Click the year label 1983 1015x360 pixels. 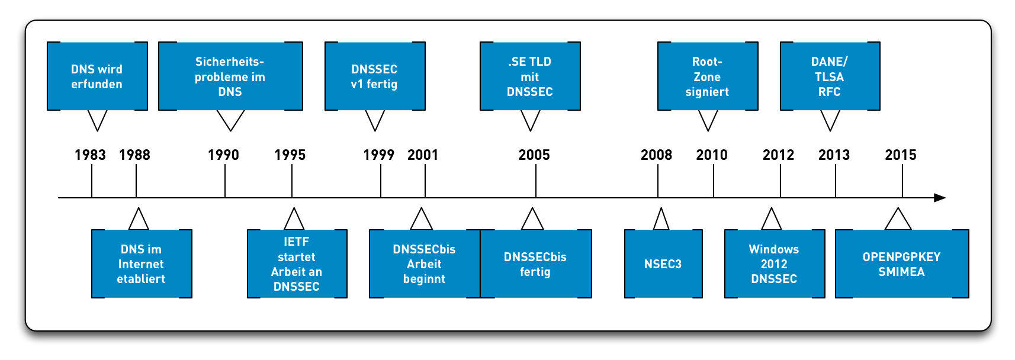(x=90, y=155)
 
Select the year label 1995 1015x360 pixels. (x=290, y=155)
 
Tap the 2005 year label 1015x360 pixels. (x=534, y=155)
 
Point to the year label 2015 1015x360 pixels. (x=901, y=155)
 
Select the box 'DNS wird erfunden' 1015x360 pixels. (x=97, y=76)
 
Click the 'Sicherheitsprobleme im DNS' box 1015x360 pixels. (x=230, y=76)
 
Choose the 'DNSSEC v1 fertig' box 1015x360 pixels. (x=375, y=76)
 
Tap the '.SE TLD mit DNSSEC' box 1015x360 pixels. (x=530, y=76)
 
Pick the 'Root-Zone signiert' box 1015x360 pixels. (x=708, y=76)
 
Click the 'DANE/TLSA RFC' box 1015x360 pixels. (x=830, y=76)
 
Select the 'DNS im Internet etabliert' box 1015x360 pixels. (x=142, y=264)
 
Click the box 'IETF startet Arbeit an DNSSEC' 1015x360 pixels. (x=297, y=264)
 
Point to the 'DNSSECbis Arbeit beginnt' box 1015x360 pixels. (x=424, y=264)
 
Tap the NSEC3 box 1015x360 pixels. (x=663, y=264)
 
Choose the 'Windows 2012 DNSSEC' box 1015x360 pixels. (x=775, y=264)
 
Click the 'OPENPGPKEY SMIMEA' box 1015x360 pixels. (x=902, y=264)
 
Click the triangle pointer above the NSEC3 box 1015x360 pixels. (x=661, y=220)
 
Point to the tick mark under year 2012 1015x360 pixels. (x=780, y=181)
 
